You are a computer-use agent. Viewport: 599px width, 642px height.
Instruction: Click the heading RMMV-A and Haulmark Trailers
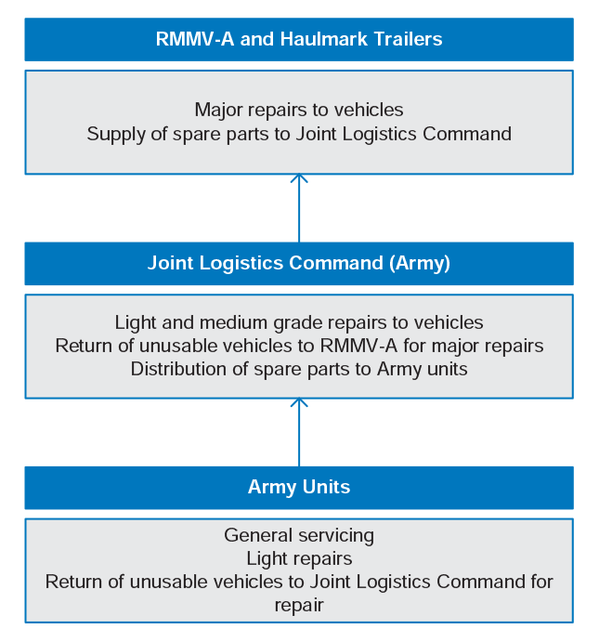pyautogui.click(x=299, y=39)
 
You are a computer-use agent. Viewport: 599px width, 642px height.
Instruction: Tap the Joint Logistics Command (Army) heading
pyautogui.click(x=299, y=263)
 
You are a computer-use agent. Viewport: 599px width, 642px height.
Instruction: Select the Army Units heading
pyautogui.click(x=299, y=487)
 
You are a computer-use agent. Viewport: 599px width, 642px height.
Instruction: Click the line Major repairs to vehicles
pyautogui.click(x=299, y=111)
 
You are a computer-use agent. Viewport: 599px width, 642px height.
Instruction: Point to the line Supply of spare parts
pyautogui.click(x=299, y=135)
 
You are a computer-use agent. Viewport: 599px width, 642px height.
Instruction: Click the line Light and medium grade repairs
pyautogui.click(x=299, y=323)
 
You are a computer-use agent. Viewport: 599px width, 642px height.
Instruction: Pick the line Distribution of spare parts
pyautogui.click(x=299, y=370)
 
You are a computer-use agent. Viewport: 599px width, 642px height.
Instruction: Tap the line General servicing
pyautogui.click(x=299, y=535)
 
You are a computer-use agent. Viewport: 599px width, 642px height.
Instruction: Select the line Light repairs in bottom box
pyautogui.click(x=299, y=559)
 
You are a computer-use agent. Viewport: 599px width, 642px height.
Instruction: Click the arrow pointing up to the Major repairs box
pyautogui.click(x=299, y=208)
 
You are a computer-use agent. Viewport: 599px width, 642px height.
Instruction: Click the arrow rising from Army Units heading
pyautogui.click(x=299, y=432)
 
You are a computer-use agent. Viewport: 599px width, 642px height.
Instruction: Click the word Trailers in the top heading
pyautogui.click(x=408, y=39)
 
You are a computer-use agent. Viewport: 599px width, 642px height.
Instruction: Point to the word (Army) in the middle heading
pyautogui.click(x=420, y=263)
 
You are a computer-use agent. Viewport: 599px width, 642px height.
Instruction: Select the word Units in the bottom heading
pyautogui.click(x=326, y=487)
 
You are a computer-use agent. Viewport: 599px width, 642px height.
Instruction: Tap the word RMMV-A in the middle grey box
pyautogui.click(x=358, y=347)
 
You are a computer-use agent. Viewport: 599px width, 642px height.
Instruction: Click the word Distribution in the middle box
pyautogui.click(x=179, y=370)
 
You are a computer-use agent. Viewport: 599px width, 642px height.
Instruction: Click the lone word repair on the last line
pyautogui.click(x=299, y=606)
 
